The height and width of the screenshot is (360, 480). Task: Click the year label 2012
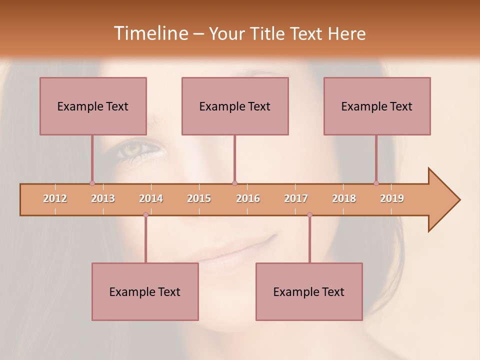[55, 198]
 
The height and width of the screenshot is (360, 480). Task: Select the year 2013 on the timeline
[103, 198]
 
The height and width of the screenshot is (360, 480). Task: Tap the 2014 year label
[151, 198]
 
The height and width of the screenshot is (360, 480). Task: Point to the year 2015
[199, 198]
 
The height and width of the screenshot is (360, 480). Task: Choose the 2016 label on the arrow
[248, 198]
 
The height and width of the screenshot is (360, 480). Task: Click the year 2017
[296, 198]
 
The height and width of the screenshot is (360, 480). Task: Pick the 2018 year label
[344, 198]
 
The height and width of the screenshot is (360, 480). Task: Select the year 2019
[392, 198]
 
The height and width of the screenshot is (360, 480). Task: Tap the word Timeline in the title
[150, 33]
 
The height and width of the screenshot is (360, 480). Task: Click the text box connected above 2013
[93, 106]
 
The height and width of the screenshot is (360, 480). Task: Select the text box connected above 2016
[235, 106]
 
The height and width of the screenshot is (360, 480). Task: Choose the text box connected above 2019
[377, 106]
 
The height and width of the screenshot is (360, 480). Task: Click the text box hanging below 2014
[145, 291]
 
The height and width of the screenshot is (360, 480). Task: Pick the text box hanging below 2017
[309, 291]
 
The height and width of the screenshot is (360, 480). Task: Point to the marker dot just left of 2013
[92, 183]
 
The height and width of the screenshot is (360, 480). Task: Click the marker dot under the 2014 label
[145, 215]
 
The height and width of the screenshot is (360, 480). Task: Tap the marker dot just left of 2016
[234, 183]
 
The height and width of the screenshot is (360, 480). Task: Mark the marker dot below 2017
[309, 215]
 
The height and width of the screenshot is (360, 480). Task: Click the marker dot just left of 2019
[376, 183]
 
